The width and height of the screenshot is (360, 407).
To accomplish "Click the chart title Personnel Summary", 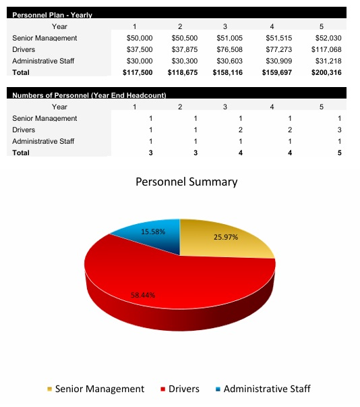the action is pos(187,182).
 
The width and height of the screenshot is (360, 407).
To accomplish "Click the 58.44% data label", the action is pos(144,295).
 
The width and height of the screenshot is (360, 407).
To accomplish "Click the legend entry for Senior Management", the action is pos(99,389).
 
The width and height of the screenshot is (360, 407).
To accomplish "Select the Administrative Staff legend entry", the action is pos(266,389).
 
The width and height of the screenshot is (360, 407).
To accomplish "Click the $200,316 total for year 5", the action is pos(326,72).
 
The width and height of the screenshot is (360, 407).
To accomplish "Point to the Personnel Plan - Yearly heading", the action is pos(53,15).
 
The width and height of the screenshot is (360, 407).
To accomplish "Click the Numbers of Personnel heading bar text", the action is pos(90,95).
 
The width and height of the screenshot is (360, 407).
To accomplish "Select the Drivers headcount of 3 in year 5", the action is pos(340,130).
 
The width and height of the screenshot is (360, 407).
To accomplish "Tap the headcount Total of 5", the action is pos(340,153).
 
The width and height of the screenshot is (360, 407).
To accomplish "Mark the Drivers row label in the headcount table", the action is pos(24,130).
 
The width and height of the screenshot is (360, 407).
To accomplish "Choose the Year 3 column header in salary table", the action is pos(224,26).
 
